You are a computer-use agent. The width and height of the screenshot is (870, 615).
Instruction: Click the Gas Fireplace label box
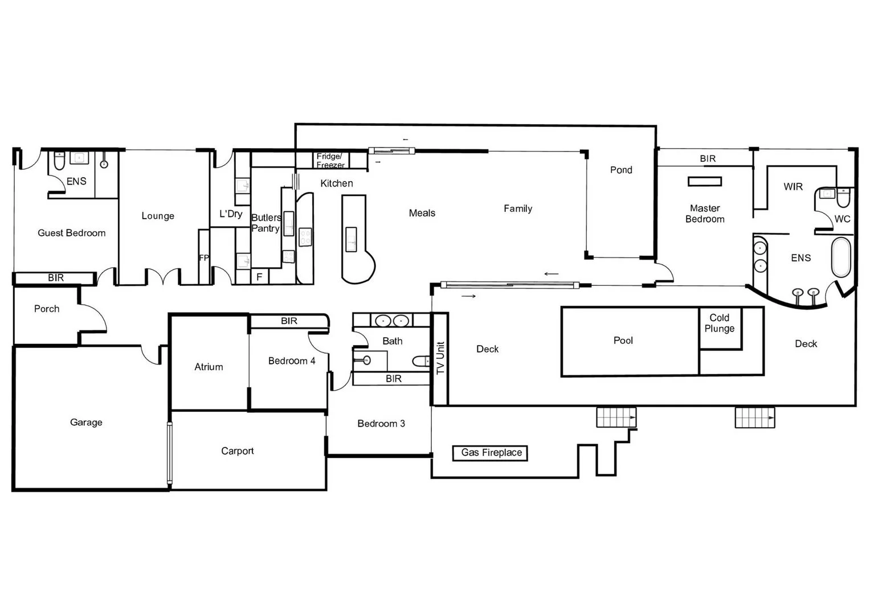click(x=491, y=453)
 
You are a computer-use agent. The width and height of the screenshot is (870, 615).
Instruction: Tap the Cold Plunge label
click(x=719, y=323)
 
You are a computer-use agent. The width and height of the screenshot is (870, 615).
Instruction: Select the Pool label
click(x=623, y=341)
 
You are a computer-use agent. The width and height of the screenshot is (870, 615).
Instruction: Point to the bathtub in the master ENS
click(x=841, y=257)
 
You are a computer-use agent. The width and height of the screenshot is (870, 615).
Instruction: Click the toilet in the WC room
click(x=843, y=198)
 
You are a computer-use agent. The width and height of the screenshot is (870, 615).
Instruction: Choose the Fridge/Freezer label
click(x=330, y=161)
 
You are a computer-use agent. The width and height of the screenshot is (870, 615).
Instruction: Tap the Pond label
click(x=621, y=170)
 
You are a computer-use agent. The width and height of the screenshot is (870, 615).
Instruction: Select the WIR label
click(x=793, y=187)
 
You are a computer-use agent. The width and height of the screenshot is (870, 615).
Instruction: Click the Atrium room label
click(x=209, y=367)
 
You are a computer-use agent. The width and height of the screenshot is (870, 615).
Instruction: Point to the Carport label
click(x=237, y=451)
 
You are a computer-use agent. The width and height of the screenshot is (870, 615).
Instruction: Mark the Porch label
click(x=47, y=309)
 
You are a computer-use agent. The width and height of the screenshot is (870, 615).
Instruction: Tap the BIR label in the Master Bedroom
click(x=708, y=158)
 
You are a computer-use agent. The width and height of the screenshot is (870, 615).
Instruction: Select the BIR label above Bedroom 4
click(x=289, y=321)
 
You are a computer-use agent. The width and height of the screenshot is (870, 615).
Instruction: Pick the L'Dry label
click(x=231, y=214)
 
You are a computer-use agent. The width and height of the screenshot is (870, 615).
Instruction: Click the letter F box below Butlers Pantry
click(x=259, y=277)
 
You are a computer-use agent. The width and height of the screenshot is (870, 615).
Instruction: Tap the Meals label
click(x=422, y=213)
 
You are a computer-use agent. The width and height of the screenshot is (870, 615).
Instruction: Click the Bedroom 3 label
click(x=381, y=424)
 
